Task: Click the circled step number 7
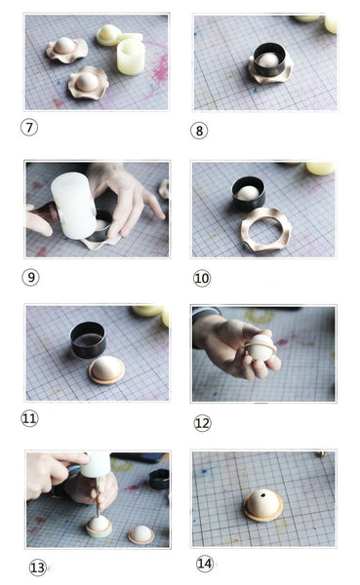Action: click(x=29, y=127)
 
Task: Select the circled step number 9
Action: click(x=31, y=277)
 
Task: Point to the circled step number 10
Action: click(x=202, y=278)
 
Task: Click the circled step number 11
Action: click(x=29, y=418)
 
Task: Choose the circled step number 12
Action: click(x=202, y=422)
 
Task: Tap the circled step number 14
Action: click(x=204, y=564)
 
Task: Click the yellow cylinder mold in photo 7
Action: click(x=130, y=57)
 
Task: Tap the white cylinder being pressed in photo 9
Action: click(x=74, y=204)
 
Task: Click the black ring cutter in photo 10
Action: click(x=248, y=193)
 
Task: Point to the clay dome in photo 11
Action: click(x=106, y=370)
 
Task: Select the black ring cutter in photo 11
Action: click(x=88, y=339)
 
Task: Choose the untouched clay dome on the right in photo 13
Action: click(x=141, y=534)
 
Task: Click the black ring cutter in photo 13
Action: click(x=158, y=479)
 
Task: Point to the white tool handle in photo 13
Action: click(x=97, y=467)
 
